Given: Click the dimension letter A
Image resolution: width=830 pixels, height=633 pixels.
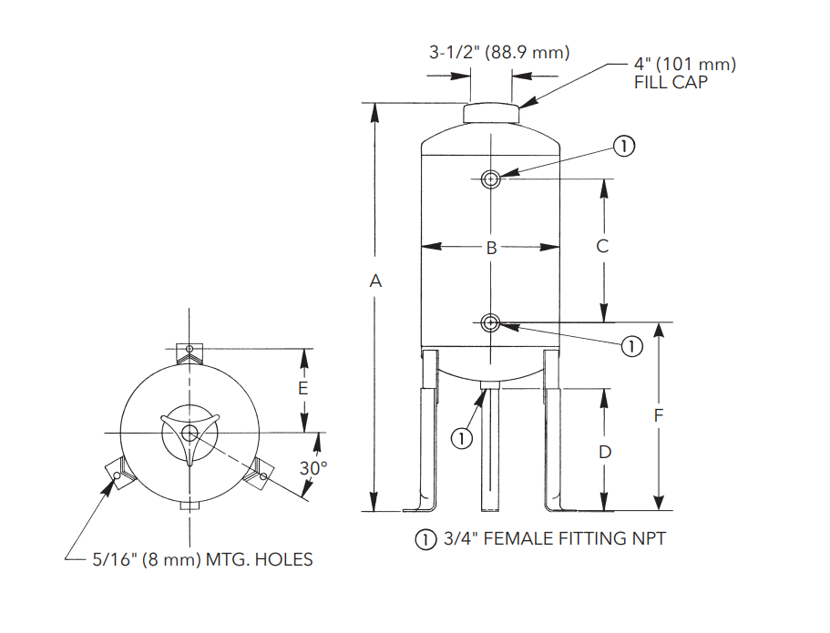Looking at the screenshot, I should coord(374,282).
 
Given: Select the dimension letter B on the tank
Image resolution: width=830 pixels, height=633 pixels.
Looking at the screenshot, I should coord(490,247).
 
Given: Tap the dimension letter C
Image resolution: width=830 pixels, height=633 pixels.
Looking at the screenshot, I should coord(602,246).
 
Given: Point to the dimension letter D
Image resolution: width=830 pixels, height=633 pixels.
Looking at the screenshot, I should coord(603,452).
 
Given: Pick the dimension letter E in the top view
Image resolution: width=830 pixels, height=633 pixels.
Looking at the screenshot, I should coord(303,388).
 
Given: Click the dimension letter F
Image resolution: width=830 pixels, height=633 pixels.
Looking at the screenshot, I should coord(659,416).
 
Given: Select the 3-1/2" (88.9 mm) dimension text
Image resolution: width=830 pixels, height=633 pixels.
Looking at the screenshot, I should coord(499,53).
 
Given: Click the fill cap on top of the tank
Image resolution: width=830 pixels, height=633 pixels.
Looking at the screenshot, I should coord(491,114).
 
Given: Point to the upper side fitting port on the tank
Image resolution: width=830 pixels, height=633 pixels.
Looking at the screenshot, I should coord(491,179).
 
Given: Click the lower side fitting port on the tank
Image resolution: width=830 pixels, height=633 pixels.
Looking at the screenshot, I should coord(491,322).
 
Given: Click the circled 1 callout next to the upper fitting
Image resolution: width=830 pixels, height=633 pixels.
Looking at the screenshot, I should coord(623,145).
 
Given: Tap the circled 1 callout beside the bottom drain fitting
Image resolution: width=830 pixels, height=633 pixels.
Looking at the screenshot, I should coord(463,438).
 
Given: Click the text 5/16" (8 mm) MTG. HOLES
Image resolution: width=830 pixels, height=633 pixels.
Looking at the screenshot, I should coord(202,559).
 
